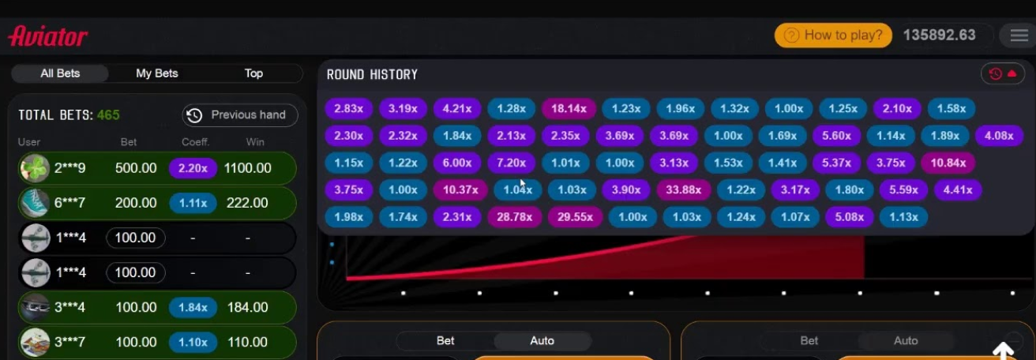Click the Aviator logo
click(x=48, y=36)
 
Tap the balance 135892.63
click(x=939, y=36)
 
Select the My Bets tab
click(x=157, y=73)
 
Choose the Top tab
click(x=253, y=73)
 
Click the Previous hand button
click(x=239, y=115)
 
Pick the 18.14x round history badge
click(x=569, y=109)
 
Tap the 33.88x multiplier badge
click(x=684, y=189)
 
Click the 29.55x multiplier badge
click(x=575, y=216)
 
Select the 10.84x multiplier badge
click(x=948, y=163)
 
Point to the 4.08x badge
click(x=999, y=136)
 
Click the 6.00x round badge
click(x=457, y=163)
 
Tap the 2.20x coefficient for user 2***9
click(x=193, y=168)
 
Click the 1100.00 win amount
click(x=247, y=168)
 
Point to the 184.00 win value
click(x=247, y=307)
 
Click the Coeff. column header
click(x=195, y=142)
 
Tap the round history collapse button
click(x=1003, y=74)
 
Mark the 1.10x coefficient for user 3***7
click(x=193, y=342)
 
